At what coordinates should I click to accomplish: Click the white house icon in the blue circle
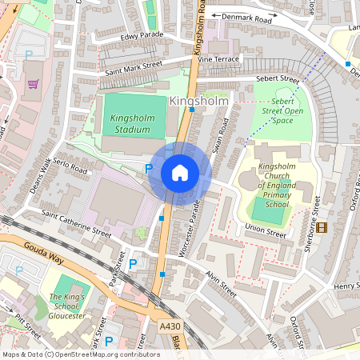coord(180,172)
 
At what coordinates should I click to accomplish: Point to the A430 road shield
coord(170,326)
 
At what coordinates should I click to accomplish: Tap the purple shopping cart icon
coord(33,83)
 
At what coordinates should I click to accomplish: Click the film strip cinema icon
coord(322,227)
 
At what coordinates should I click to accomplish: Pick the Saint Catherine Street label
coord(77,222)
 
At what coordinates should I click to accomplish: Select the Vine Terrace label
coord(218,59)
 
